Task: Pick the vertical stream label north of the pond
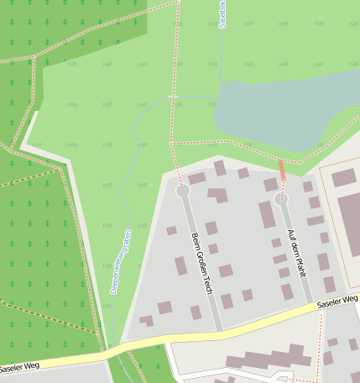(222, 15)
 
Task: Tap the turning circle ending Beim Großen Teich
(183, 191)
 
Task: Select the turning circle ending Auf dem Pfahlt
(281, 199)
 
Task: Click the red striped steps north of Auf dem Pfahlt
(282, 171)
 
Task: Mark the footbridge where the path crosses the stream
(174, 97)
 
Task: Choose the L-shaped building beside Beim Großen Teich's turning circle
(218, 195)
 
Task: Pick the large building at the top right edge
(344, 177)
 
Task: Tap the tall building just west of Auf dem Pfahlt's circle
(267, 214)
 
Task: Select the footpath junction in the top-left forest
(34, 57)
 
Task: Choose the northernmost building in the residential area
(219, 168)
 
